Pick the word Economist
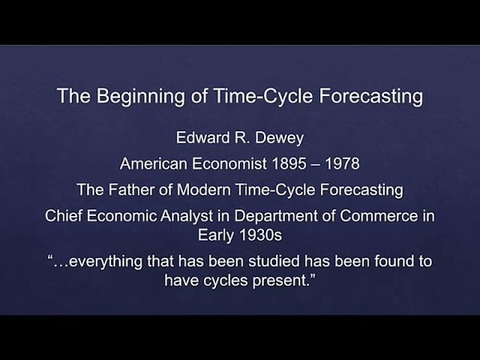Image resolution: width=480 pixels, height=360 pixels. [228, 165]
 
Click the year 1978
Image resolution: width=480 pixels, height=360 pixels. [342, 165]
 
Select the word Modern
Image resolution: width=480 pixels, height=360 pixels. [198, 191]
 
